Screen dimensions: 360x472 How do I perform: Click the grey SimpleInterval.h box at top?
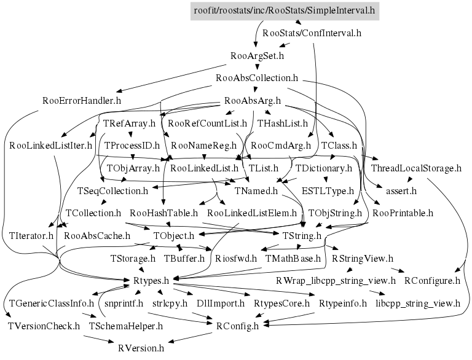click(284, 10)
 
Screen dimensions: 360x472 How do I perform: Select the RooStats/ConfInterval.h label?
click(312, 33)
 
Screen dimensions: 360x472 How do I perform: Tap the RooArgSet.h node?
click(257, 56)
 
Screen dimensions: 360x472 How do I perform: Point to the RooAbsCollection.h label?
click(257, 78)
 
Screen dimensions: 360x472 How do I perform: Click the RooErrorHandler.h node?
click(82, 100)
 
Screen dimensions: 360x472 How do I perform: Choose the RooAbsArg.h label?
click(253, 100)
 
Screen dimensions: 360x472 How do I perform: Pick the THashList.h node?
click(282, 123)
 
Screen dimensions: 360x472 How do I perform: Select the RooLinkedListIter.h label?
click(50, 146)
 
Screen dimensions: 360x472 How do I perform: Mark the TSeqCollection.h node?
click(112, 190)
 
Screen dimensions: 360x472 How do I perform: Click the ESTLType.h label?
click(328, 190)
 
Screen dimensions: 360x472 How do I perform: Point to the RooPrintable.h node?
click(403, 213)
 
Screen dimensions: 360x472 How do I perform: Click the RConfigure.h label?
click(432, 281)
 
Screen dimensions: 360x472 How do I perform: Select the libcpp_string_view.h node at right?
click(417, 303)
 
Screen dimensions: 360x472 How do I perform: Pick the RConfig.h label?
click(237, 326)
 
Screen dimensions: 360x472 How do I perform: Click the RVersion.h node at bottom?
click(141, 348)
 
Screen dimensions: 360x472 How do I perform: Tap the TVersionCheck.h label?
click(44, 326)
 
